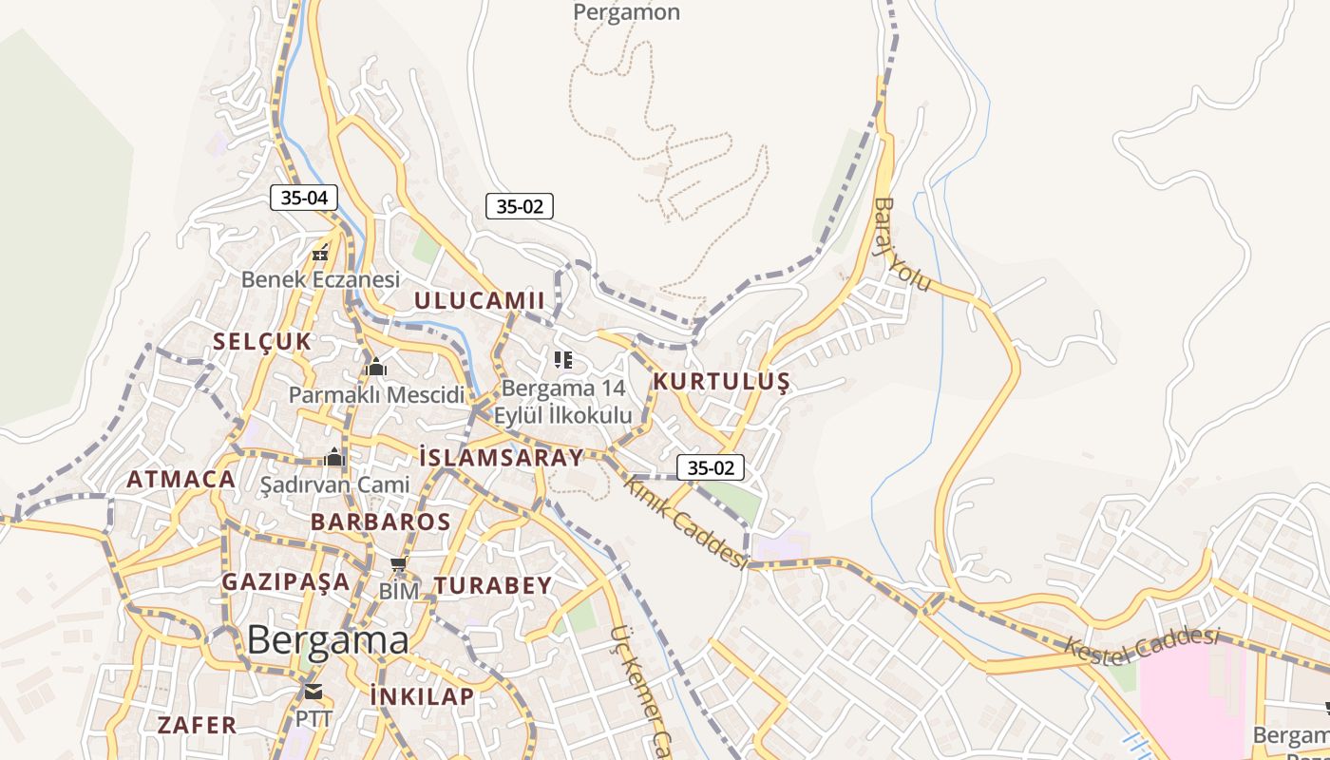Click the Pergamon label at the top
[x=626, y=12]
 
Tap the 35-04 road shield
[x=304, y=198]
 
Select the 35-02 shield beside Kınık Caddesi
[x=711, y=467]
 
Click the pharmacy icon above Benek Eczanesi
[x=321, y=253]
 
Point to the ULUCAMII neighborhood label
[x=479, y=301]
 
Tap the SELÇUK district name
[x=262, y=342]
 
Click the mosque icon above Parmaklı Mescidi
[x=376, y=367]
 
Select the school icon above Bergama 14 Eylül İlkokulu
[x=563, y=360]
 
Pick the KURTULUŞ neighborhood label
[x=721, y=382]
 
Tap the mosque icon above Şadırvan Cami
[x=333, y=458]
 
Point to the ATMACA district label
[x=181, y=480]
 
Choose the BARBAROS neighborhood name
[x=380, y=522]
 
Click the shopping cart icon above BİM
[x=399, y=566]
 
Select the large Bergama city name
[x=328, y=640]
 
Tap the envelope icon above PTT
[x=313, y=691]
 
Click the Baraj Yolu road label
[x=902, y=245]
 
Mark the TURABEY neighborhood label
[x=492, y=586]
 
